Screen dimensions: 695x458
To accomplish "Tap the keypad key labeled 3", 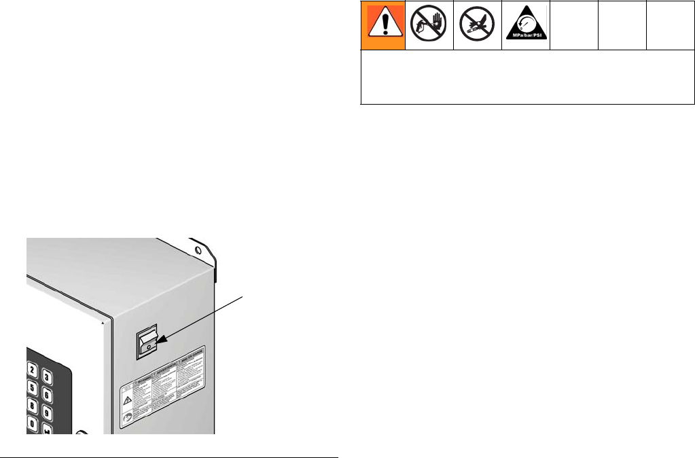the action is pyautogui.click(x=47, y=377).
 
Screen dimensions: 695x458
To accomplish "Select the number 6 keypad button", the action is pyautogui.click(x=47, y=395).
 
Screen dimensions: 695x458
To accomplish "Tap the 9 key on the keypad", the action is pyautogui.click(x=47, y=412).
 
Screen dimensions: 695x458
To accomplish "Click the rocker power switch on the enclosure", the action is pyautogui.click(x=147, y=342).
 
